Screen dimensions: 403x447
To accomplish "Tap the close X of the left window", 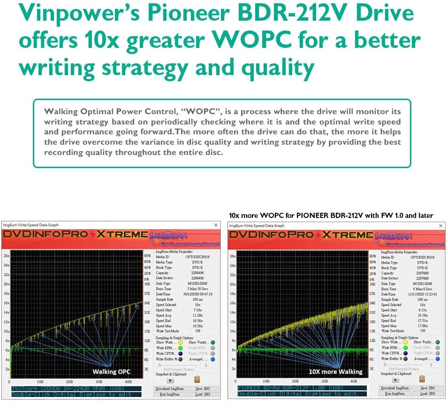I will tap(216, 225).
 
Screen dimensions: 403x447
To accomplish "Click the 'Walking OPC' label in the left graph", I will tap(111, 372).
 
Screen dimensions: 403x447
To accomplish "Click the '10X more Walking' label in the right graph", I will tap(335, 372).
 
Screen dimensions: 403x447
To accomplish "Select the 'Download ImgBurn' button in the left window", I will tap(169, 388).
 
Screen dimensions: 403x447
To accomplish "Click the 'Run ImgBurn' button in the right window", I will tap(395, 394).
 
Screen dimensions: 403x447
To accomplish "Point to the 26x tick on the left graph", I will tap(6, 256).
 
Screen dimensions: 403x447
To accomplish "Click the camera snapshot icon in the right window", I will tap(395, 379).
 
